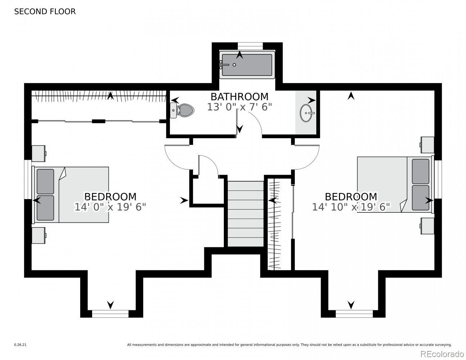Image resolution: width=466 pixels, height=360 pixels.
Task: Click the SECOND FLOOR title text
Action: point(45,12)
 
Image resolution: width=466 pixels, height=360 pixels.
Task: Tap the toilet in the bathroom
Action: point(182,110)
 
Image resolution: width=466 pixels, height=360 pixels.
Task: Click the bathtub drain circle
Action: point(234,64)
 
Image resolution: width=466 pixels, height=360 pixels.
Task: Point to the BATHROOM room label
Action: point(239,97)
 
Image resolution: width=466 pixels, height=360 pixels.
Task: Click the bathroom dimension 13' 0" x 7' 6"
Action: point(239,107)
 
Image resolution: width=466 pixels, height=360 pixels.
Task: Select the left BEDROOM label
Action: point(110,197)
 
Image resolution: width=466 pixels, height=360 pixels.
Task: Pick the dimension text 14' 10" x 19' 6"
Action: point(351,207)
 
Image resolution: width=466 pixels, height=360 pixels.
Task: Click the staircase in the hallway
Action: point(245,214)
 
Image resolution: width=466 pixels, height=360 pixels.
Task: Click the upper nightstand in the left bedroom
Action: point(39,153)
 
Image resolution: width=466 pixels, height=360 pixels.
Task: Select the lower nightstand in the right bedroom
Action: point(427,226)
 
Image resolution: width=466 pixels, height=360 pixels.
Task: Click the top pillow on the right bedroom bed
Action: point(420,171)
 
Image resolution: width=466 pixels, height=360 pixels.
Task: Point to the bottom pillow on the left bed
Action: point(45,208)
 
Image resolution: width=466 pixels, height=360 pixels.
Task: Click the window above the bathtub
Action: point(250,46)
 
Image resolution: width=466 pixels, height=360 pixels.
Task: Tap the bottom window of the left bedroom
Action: point(110,314)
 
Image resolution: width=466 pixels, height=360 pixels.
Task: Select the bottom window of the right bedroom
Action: point(354,314)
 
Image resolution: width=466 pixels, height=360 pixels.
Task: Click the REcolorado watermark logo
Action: point(442,354)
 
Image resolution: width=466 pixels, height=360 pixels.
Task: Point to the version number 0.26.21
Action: point(21,345)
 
